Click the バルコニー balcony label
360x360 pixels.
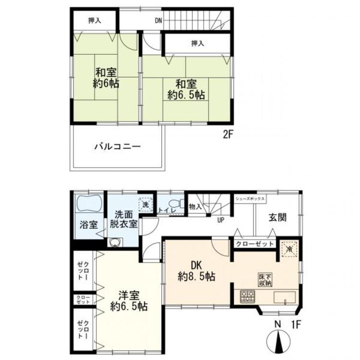pos(117,147)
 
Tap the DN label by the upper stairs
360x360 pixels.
pos(158,21)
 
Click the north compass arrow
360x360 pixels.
pos(277,342)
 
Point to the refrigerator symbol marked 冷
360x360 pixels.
pos(289,249)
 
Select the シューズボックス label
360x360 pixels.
pos(250,198)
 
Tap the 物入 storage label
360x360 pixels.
pos(195,206)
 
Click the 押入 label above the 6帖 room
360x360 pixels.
pos(94,21)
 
